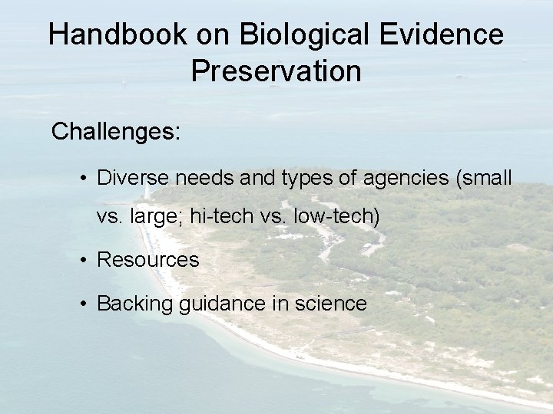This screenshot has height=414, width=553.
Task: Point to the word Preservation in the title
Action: (x=276, y=71)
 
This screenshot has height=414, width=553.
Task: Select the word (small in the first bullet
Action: (x=484, y=178)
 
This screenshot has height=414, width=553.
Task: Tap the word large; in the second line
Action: (x=157, y=217)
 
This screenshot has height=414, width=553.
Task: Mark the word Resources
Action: (x=147, y=260)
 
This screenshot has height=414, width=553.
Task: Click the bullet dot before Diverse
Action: (x=83, y=179)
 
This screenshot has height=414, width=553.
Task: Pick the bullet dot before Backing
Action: (x=83, y=304)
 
